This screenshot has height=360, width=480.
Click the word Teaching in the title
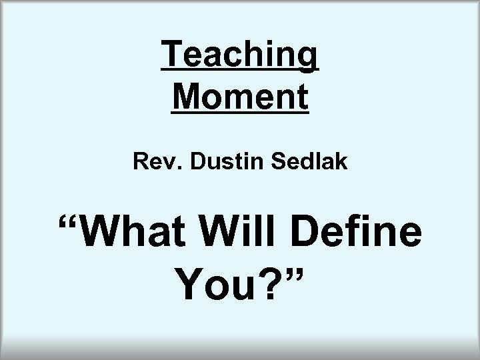click(240, 56)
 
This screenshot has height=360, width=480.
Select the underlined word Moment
click(240, 97)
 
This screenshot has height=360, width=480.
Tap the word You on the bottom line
click(211, 285)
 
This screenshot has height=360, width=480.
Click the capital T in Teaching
click(172, 56)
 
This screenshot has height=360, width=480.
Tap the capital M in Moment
click(186, 97)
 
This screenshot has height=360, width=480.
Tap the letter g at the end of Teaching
click(307, 59)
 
